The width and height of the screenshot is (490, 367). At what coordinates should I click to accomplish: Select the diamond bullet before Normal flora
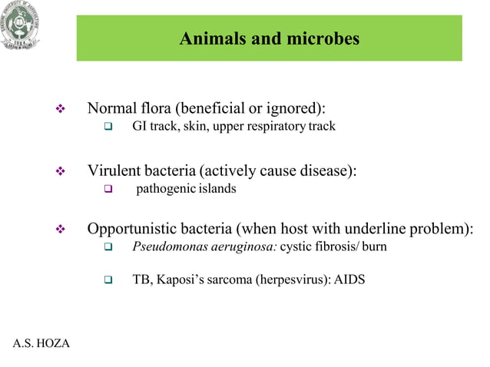pos(61,109)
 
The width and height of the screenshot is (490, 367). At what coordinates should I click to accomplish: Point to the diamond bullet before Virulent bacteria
pos(61,172)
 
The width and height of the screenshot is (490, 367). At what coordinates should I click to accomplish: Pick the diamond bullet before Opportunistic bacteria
pos(61,230)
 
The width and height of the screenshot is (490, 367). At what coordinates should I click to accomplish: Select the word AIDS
pos(350,280)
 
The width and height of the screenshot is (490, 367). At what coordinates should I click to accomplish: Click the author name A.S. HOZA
pos(41,342)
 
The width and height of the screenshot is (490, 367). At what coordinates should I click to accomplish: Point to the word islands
pos(216,189)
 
